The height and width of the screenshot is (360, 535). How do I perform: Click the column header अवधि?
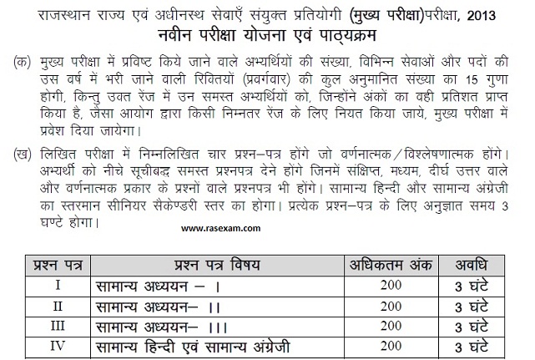pos(488,266)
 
